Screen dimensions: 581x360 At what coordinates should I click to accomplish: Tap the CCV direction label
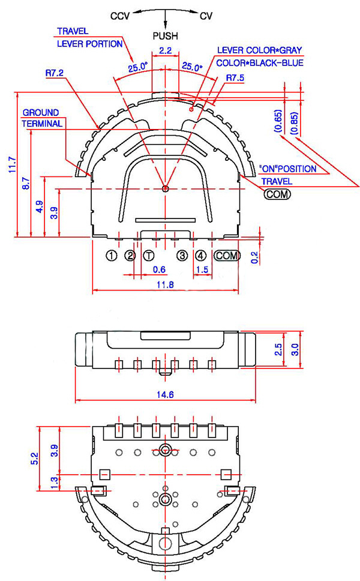tap(121, 16)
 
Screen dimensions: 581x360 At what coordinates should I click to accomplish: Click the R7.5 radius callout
tap(235, 78)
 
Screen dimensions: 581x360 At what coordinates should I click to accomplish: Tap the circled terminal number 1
tap(111, 256)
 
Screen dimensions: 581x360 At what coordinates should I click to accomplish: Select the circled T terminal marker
tap(148, 256)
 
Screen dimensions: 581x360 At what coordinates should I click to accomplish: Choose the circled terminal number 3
tap(182, 256)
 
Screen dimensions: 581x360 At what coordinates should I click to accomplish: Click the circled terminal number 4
tap(201, 256)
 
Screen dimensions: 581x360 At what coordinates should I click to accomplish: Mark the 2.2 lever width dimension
tap(165, 50)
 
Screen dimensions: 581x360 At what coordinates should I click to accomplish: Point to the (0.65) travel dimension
tap(278, 121)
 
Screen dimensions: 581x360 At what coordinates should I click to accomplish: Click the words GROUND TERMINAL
tap(41, 118)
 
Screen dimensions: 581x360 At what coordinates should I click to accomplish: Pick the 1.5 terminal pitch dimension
tap(202, 270)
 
